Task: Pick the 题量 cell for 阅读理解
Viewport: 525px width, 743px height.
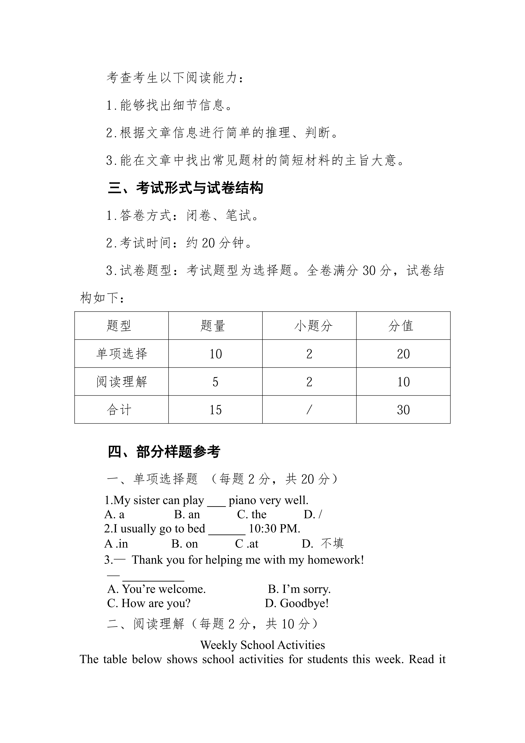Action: point(215,382)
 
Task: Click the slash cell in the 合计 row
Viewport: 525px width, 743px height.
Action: point(309,410)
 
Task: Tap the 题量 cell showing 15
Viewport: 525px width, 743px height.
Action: point(215,410)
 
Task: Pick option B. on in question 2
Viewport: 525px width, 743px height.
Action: point(185,544)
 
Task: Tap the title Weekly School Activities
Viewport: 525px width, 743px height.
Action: point(263,645)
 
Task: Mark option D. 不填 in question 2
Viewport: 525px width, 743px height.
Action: point(323,544)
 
